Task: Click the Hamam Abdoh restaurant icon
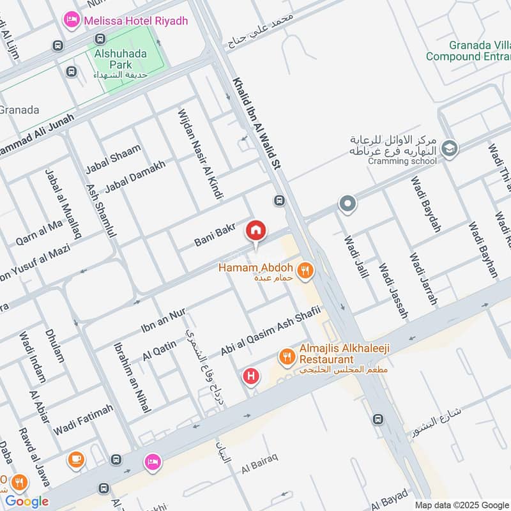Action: click(x=306, y=271)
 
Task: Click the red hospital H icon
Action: click(x=251, y=377)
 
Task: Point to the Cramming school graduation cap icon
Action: click(x=450, y=148)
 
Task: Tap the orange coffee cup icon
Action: click(x=76, y=459)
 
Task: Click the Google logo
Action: click(x=27, y=501)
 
